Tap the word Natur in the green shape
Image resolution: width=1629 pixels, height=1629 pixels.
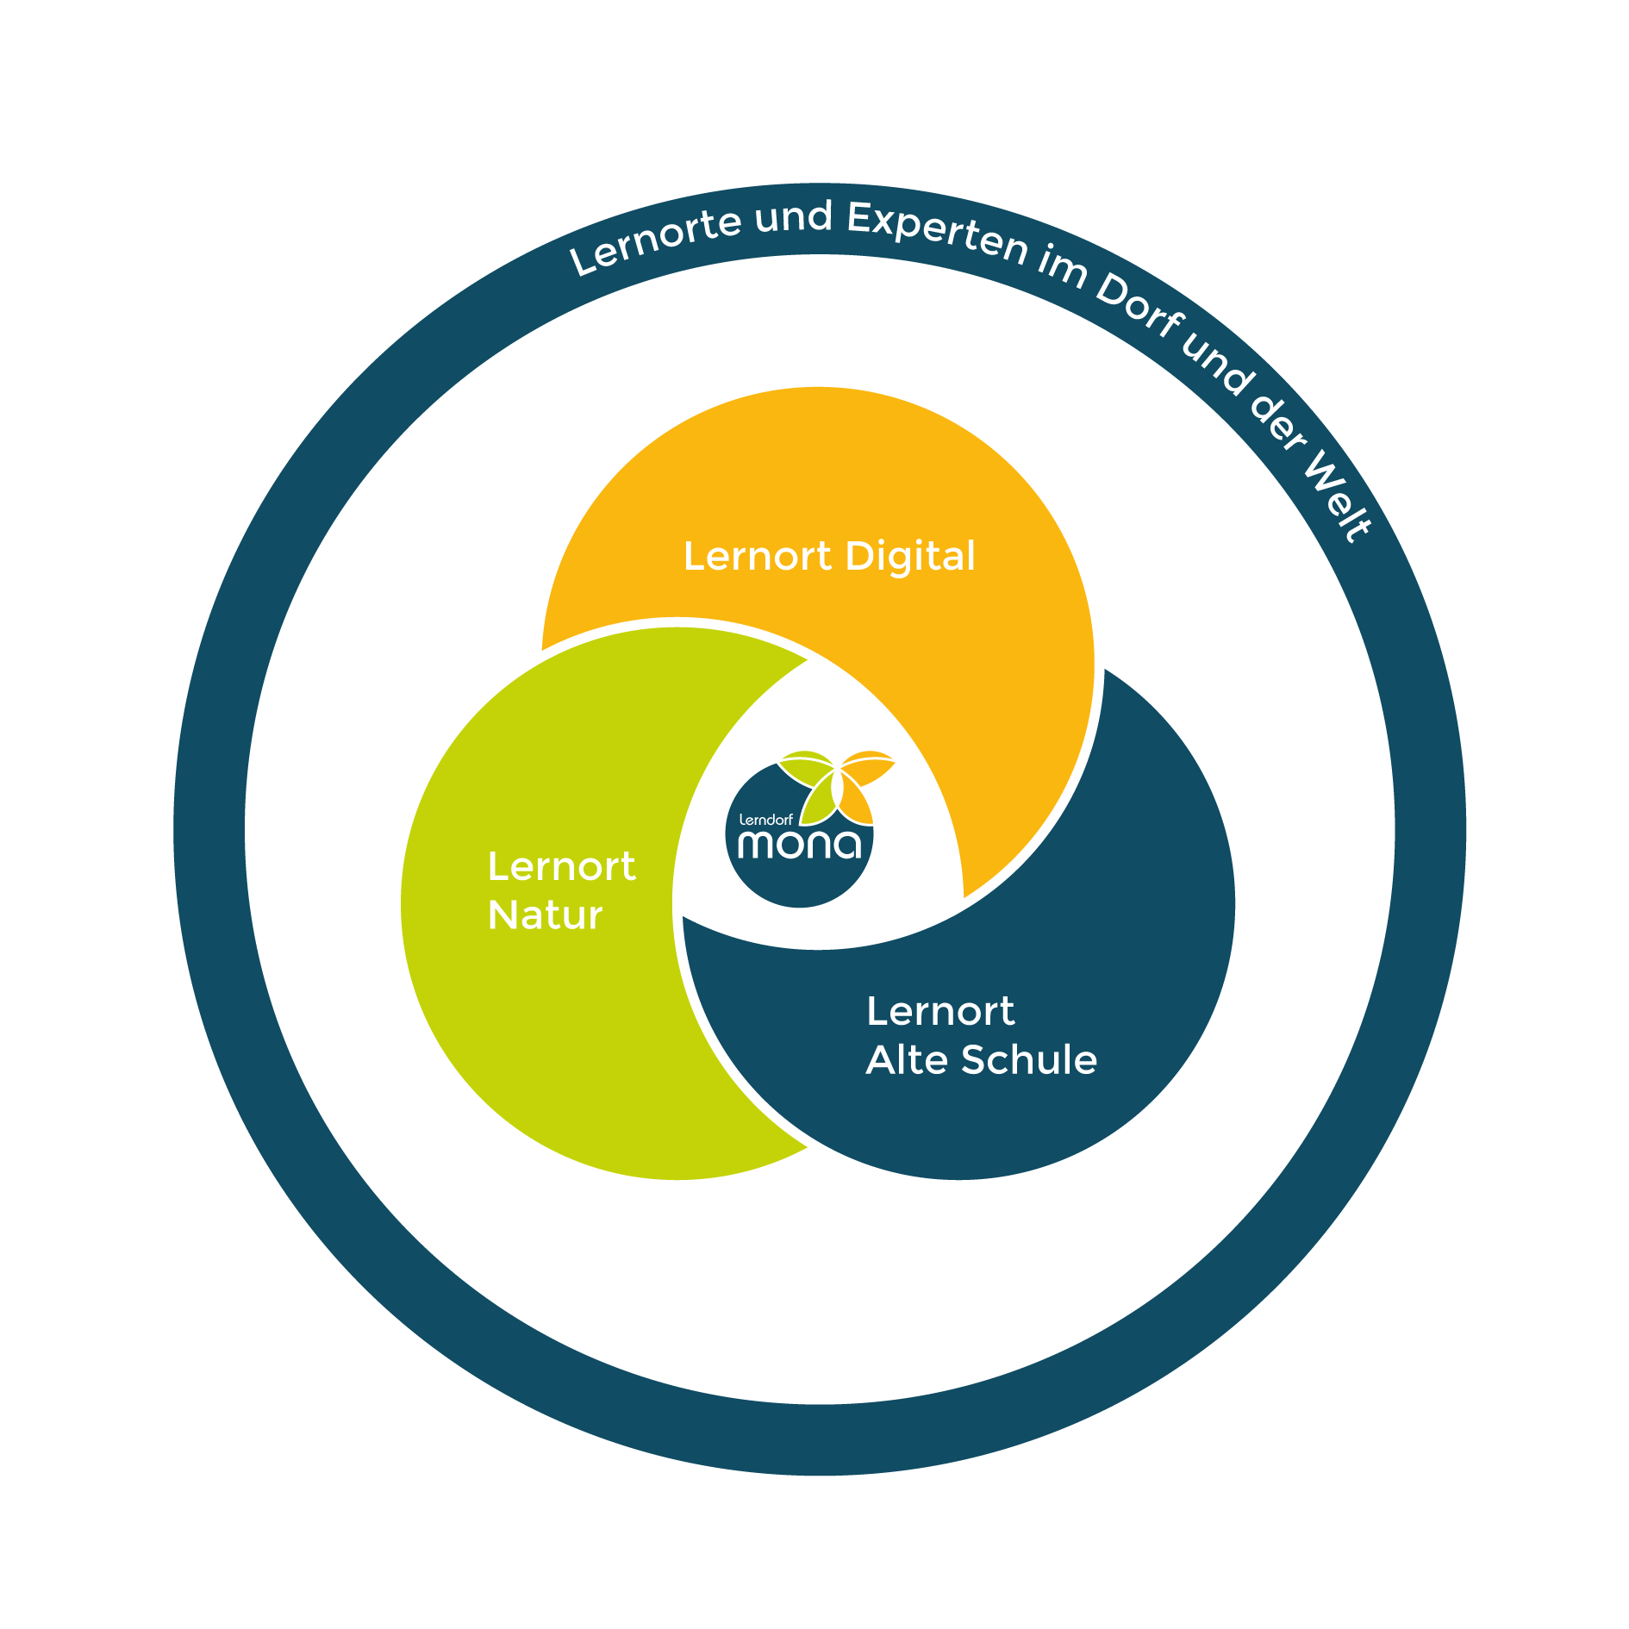coord(545,914)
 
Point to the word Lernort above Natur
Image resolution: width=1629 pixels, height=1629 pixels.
coord(562,866)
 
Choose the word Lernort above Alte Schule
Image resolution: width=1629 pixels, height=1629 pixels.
coord(940,1011)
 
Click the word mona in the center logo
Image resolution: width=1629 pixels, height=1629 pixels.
coord(800,844)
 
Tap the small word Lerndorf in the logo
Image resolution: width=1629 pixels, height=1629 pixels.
coord(765,820)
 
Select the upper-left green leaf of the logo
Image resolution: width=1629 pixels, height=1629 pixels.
coord(807,766)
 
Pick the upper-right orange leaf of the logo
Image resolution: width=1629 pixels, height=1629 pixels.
coord(867,766)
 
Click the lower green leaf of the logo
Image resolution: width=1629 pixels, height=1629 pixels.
coord(818,800)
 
